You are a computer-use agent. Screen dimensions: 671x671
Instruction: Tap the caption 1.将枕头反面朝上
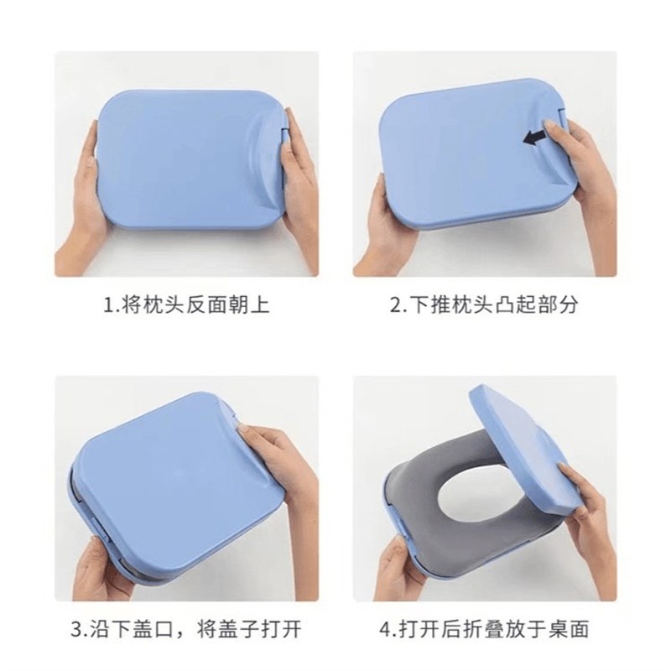point(186,304)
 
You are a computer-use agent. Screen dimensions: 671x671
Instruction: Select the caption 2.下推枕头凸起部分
point(485,304)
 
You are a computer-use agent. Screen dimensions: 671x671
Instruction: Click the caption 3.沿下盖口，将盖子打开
point(186,627)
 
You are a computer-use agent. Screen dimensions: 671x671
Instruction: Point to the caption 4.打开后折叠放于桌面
point(485,627)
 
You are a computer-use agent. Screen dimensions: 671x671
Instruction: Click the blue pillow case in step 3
point(159,482)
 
